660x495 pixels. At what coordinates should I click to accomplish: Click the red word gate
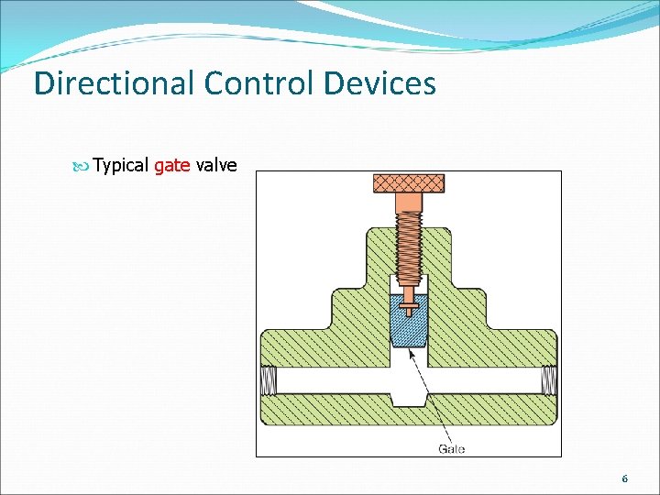(x=172, y=166)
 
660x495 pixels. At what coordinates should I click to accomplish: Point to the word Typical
(x=120, y=166)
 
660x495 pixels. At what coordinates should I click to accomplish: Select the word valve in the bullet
(x=216, y=166)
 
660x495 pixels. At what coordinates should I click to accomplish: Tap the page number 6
(x=624, y=479)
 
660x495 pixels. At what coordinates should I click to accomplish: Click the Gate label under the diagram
(x=451, y=448)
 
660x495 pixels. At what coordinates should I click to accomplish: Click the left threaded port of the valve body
(x=269, y=379)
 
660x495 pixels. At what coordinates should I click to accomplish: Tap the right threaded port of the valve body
(x=547, y=379)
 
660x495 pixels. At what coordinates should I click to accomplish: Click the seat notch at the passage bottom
(x=408, y=400)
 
